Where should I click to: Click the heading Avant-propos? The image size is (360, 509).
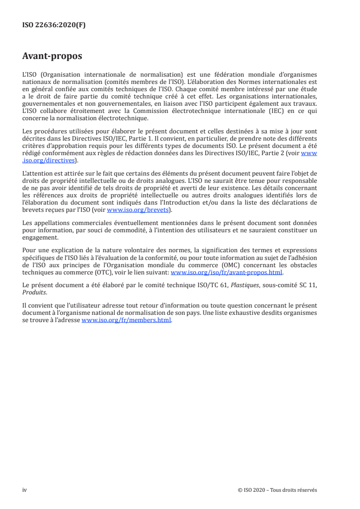(52, 56)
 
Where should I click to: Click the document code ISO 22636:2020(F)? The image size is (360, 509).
(54, 25)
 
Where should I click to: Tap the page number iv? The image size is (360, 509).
(25, 490)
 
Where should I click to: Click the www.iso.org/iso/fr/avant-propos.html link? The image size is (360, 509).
(226, 273)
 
